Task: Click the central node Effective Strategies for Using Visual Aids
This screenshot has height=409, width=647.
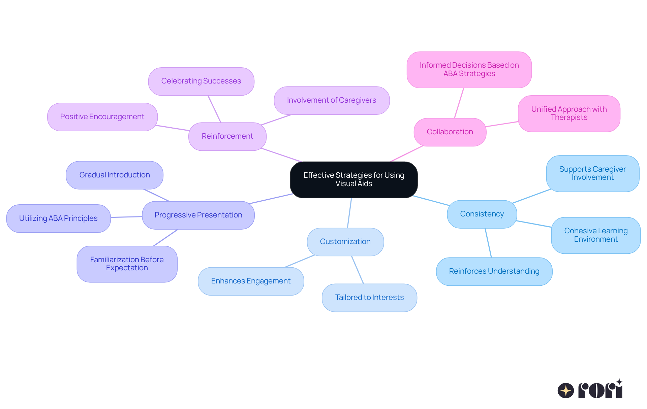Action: [x=353, y=179]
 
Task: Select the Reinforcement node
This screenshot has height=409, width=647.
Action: [x=227, y=136]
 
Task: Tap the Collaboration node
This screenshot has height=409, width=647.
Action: [x=450, y=132]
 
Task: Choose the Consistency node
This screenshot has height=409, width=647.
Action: [x=482, y=214]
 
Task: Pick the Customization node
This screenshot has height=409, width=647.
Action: [x=345, y=242]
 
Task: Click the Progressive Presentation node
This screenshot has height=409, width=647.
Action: [x=198, y=215]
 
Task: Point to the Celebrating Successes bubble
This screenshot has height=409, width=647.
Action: [x=201, y=81]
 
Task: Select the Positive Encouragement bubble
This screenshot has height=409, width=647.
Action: [x=102, y=117]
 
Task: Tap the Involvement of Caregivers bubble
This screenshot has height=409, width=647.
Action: [x=332, y=100]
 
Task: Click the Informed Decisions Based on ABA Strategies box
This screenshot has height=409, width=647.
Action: [x=469, y=69]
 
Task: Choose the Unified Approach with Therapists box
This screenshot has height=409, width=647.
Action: [x=569, y=113]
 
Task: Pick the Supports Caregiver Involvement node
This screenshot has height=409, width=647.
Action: [x=592, y=173]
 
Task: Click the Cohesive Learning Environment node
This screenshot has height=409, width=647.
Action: [x=596, y=235]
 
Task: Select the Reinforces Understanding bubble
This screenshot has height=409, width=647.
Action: [x=494, y=271]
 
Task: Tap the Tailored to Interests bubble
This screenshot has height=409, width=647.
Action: [x=369, y=298]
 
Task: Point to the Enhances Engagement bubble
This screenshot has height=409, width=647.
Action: [x=251, y=281]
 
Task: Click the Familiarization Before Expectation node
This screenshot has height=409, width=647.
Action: [x=127, y=264]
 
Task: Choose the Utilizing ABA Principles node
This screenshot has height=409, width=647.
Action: [x=58, y=218]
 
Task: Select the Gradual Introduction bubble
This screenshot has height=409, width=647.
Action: [x=115, y=175]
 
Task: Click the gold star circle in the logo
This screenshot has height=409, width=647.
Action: [x=565, y=390]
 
